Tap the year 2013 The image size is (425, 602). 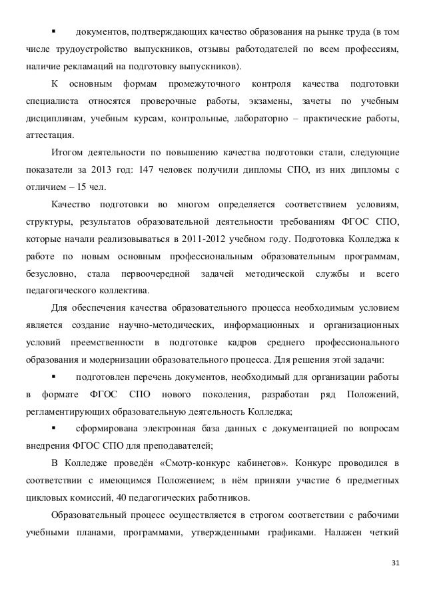click(x=105, y=169)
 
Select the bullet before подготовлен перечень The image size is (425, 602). click(x=53, y=377)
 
